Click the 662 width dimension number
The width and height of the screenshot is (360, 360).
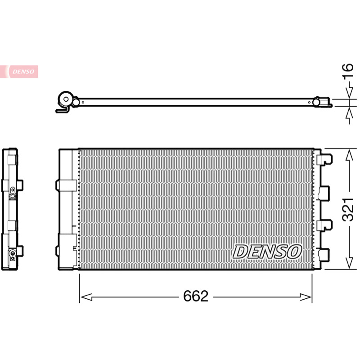point(196,296)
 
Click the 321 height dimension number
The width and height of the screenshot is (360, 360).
point(348,209)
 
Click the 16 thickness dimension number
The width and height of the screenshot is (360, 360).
point(347,71)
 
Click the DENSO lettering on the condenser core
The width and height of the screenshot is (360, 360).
point(267,252)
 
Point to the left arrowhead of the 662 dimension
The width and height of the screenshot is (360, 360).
point(86,297)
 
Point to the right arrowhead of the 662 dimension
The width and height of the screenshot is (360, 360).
point(306,297)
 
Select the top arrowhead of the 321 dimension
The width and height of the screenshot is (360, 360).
point(349,155)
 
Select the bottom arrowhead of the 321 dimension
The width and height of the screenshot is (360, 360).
point(349,263)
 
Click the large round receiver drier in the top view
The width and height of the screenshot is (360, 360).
point(66,99)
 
